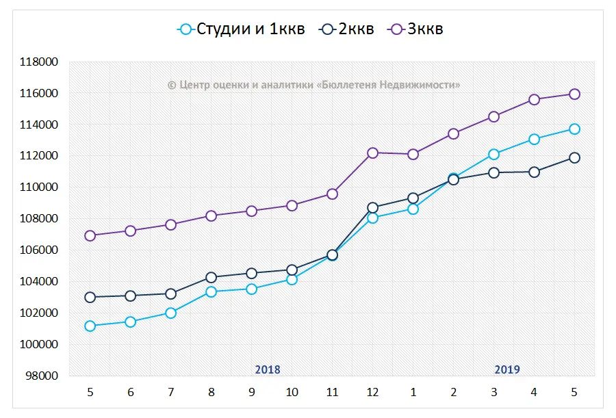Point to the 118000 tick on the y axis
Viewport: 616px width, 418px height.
click(39, 62)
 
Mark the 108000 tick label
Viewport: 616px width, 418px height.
click(39, 219)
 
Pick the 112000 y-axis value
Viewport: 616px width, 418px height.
click(39, 156)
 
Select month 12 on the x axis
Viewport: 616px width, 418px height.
click(372, 392)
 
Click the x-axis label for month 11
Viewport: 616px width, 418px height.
click(332, 392)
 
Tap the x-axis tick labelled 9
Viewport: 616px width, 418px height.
click(251, 392)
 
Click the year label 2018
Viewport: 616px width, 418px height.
click(268, 369)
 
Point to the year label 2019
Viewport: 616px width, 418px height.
click(507, 369)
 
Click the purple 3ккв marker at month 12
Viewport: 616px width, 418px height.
click(372, 153)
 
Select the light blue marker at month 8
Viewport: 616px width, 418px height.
click(211, 291)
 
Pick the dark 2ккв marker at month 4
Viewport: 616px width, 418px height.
click(534, 172)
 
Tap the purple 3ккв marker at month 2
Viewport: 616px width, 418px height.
click(453, 133)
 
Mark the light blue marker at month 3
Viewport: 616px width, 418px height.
click(493, 154)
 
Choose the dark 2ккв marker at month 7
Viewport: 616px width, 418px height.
click(170, 293)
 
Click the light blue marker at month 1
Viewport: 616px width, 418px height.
click(413, 209)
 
